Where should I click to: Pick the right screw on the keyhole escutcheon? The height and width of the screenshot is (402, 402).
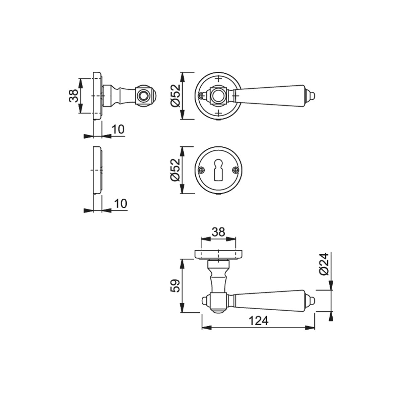tap(236, 170)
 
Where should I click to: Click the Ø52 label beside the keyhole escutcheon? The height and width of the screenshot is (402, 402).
tap(175, 170)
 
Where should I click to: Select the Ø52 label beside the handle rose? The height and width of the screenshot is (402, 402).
tap(175, 96)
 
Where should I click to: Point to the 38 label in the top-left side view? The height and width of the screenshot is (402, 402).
tap(73, 96)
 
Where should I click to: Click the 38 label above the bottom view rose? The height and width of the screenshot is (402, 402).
tap(218, 232)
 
